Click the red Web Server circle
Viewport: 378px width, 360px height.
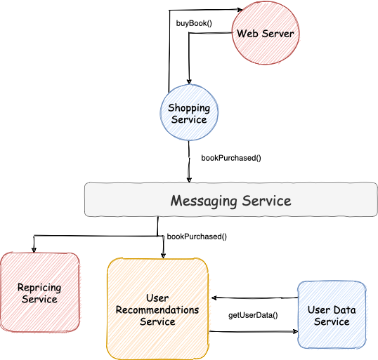click(x=265, y=34)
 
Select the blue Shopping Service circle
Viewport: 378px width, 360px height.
click(x=188, y=113)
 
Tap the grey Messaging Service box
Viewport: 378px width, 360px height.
click(x=230, y=201)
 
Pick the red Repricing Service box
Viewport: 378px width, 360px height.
click(x=40, y=293)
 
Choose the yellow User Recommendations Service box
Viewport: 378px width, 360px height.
click(x=157, y=308)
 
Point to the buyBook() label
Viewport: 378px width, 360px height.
click(x=193, y=23)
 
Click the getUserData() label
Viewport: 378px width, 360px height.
click(x=253, y=315)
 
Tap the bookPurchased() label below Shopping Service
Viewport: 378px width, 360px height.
click(x=230, y=158)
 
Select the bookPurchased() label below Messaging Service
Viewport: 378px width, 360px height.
click(x=196, y=236)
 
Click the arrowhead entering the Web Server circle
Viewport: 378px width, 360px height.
click(x=240, y=10)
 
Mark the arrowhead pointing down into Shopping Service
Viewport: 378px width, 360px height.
click(x=189, y=81)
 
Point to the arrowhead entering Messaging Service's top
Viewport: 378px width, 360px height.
click(x=188, y=180)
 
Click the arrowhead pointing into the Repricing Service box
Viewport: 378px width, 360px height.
click(x=34, y=248)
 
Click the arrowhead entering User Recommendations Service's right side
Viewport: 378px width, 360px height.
click(x=213, y=297)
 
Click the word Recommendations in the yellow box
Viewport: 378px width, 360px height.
click(x=157, y=309)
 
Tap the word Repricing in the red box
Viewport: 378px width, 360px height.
click(x=40, y=287)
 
